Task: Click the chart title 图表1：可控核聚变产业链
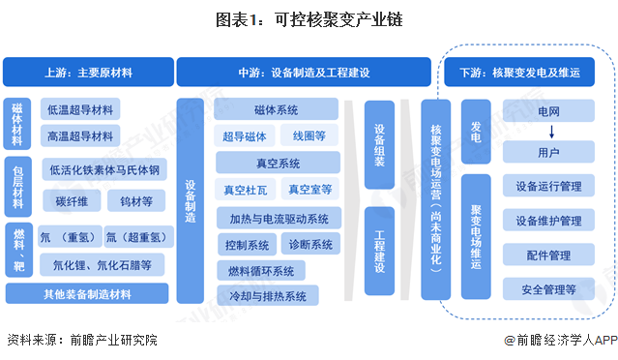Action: [x=309, y=17]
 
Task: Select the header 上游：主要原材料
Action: [x=87, y=73]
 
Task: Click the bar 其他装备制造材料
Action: [x=87, y=294]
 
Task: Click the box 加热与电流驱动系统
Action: [x=279, y=217]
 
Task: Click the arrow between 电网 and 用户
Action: [x=548, y=133]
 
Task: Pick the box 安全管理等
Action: [x=548, y=288]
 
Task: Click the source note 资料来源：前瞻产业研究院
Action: [x=81, y=340]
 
